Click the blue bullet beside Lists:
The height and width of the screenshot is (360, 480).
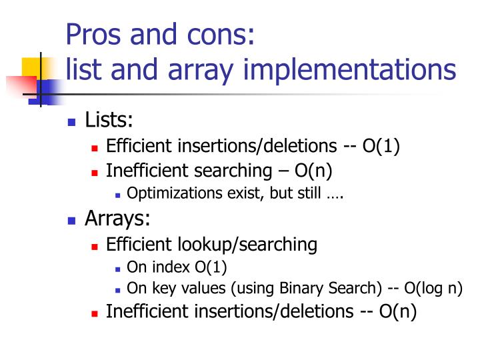pos(73,122)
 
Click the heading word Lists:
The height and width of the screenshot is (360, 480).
pos(109,121)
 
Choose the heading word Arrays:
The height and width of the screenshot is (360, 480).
pos(117,219)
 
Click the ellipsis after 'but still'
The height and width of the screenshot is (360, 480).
pos(334,195)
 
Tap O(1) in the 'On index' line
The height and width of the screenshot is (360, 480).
pos(211,268)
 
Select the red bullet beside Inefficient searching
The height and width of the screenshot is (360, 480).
pos(95,172)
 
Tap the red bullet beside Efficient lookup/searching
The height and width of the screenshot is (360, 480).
pos(95,246)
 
